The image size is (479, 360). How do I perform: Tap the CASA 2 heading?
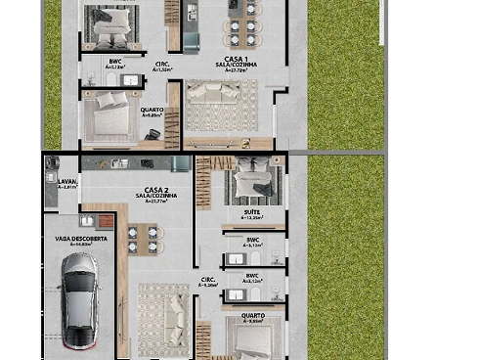[157, 190]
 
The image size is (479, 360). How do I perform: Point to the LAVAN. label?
[66, 181]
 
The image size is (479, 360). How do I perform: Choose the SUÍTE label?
[252, 212]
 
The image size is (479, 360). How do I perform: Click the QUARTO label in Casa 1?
[152, 110]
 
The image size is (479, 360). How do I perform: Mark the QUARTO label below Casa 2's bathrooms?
[252, 315]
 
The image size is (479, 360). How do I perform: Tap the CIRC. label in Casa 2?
[208, 280]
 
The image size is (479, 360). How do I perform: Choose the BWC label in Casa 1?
[114, 62]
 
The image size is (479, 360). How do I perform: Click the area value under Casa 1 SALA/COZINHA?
[235, 70]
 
